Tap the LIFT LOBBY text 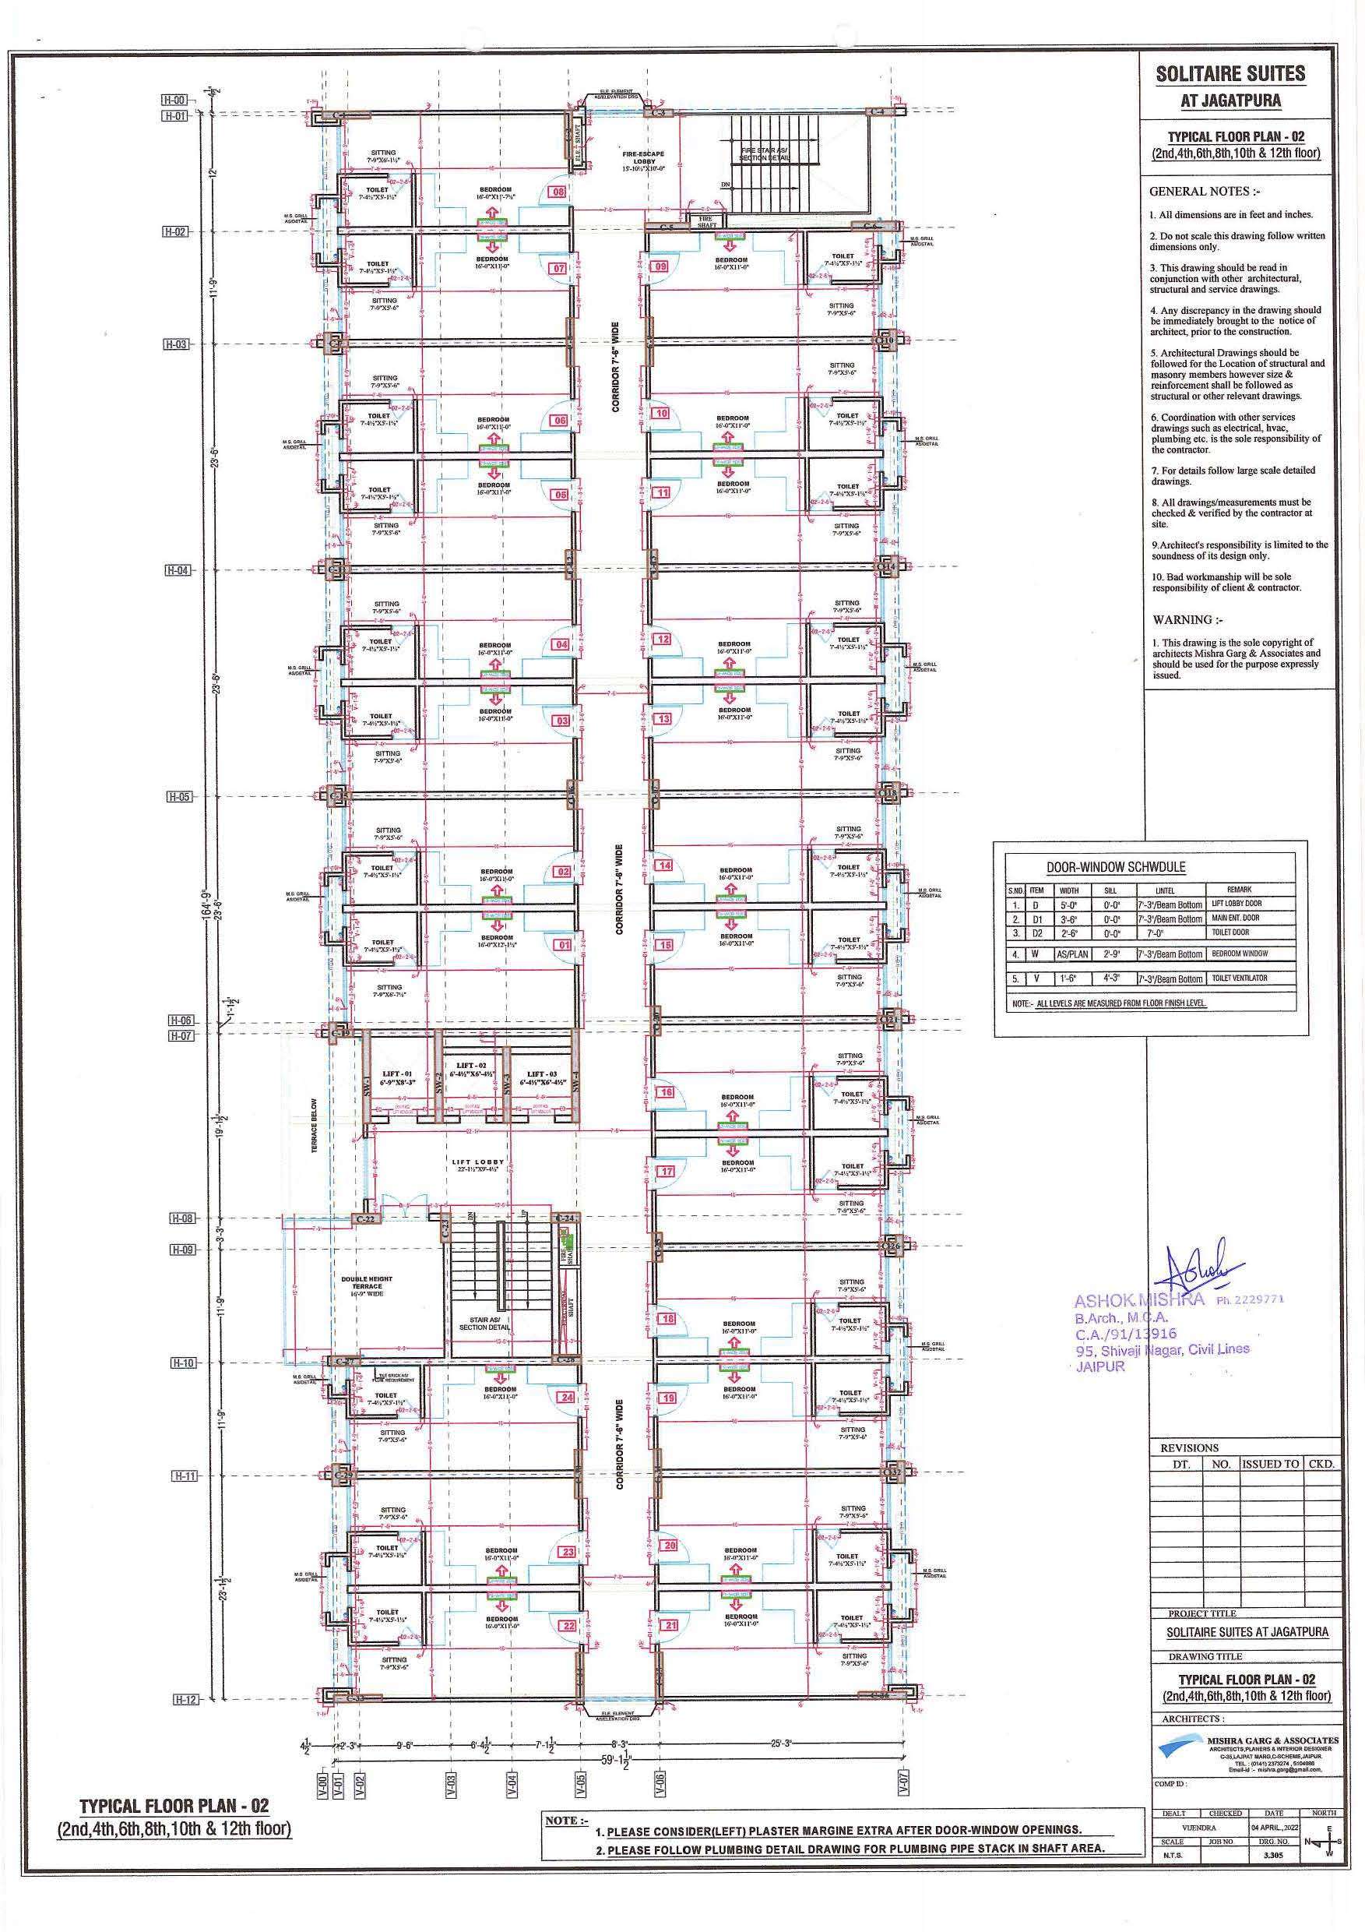(477, 1163)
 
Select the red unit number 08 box (557, 192)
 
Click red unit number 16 (666, 1092)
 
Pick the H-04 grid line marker (178, 570)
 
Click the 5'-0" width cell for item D (1068, 904)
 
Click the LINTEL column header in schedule (1164, 890)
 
